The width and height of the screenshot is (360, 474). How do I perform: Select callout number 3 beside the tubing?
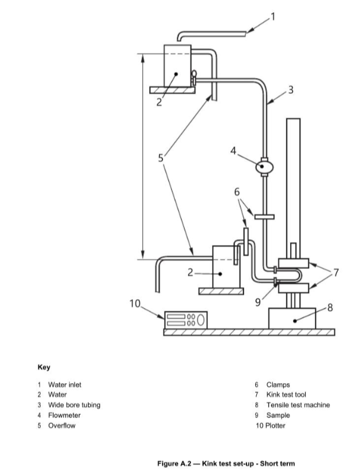tap(291, 90)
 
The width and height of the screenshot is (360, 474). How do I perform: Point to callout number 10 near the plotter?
tap(135, 303)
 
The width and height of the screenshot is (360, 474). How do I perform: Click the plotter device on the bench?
tap(185, 320)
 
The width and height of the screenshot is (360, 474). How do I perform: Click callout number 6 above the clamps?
tap(237, 192)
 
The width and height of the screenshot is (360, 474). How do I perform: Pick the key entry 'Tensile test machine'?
tap(298, 405)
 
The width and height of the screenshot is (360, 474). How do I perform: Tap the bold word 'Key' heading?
tap(44, 367)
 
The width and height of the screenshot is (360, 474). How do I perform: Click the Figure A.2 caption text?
tap(227, 464)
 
